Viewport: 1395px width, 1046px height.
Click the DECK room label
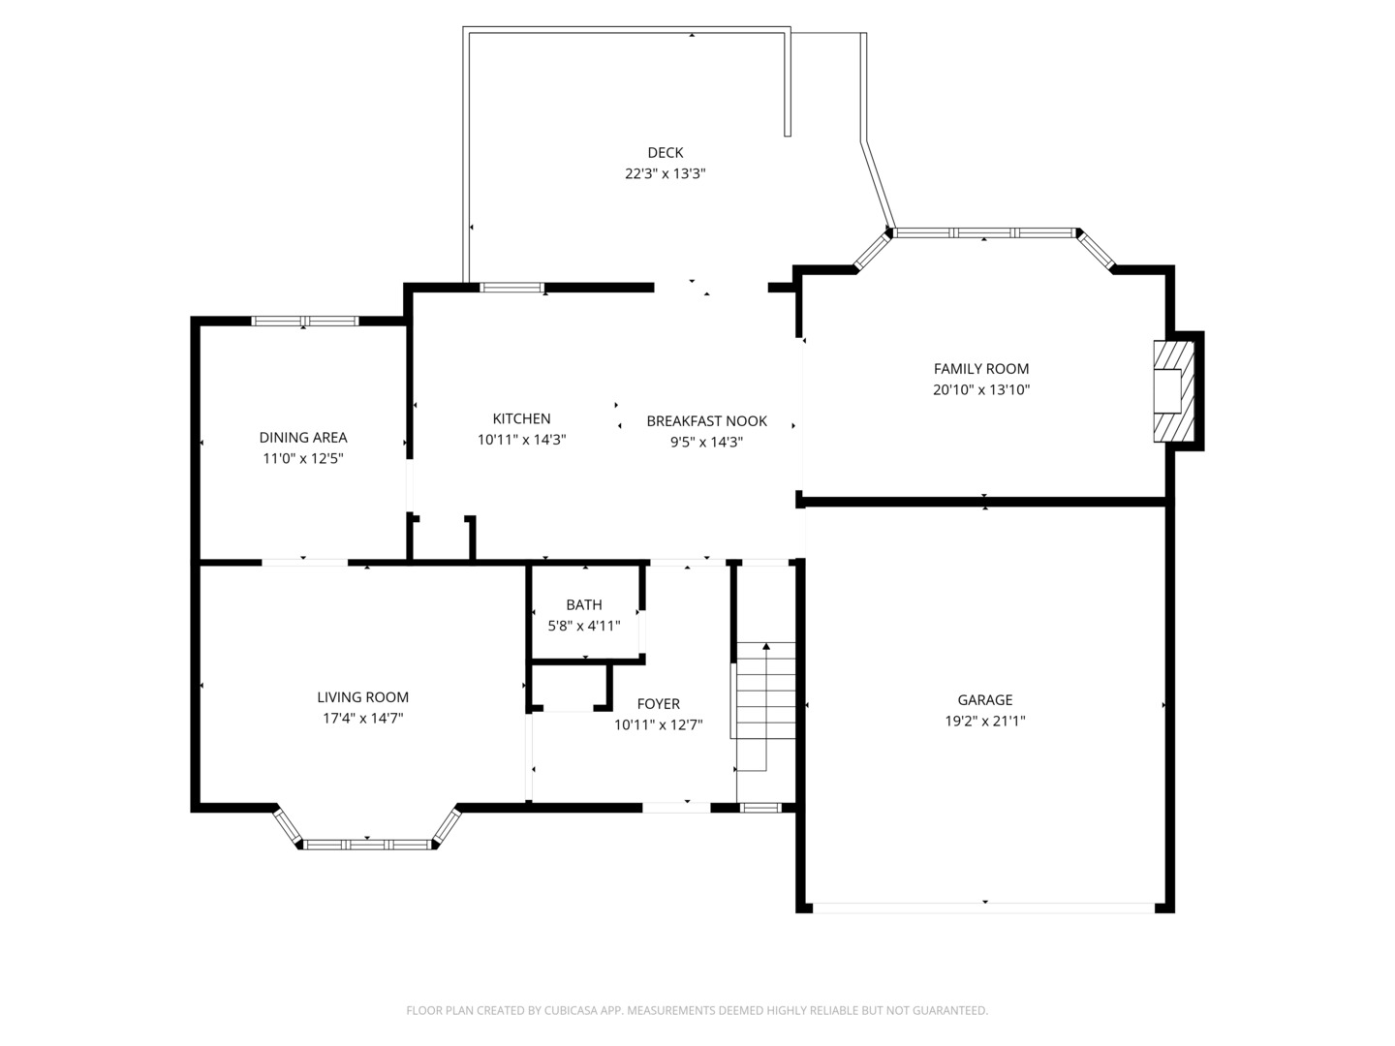click(665, 153)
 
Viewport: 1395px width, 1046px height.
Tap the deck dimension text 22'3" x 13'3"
click(665, 174)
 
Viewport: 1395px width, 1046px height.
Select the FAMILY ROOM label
click(980, 369)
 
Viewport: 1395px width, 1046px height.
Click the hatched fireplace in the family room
click(1172, 391)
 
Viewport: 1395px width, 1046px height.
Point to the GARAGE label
click(984, 700)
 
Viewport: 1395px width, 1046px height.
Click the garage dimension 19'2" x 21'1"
click(984, 722)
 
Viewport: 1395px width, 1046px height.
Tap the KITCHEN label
click(521, 419)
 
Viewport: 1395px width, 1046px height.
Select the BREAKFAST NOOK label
click(706, 421)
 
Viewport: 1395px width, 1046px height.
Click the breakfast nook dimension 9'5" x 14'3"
click(706, 443)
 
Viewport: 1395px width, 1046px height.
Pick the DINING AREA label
click(302, 438)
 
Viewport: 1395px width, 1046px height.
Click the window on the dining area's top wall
click(304, 322)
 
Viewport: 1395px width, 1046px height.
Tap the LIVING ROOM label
click(362, 697)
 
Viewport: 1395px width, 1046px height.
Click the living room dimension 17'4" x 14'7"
click(362, 719)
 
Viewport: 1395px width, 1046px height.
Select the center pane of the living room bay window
click(367, 845)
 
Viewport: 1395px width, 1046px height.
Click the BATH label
click(584, 605)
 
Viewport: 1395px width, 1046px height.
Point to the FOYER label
click(658, 704)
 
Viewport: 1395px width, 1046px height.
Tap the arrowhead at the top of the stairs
click(766, 645)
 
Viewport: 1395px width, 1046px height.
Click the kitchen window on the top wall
click(512, 288)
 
